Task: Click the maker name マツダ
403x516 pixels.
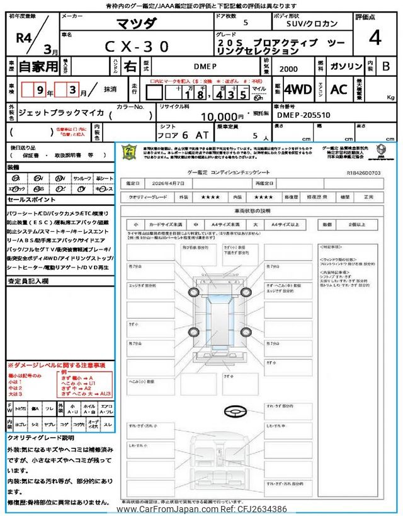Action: tap(137, 23)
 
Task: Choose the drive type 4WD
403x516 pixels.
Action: tap(298, 89)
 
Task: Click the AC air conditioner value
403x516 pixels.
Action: tap(339, 89)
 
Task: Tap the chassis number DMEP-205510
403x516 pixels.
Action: tap(304, 116)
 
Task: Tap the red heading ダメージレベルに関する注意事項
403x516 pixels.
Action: tap(59, 365)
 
